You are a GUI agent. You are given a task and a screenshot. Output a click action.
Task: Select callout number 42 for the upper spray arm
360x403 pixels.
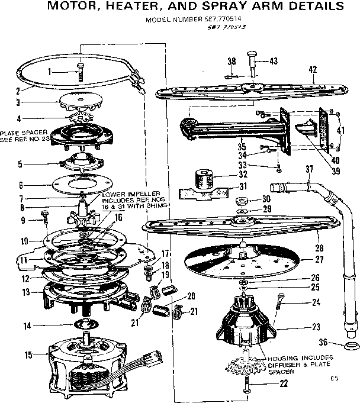coord(313,69)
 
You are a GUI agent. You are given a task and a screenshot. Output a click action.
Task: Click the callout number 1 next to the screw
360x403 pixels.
coord(51,72)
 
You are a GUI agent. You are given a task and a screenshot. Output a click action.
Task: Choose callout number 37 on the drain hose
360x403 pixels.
coord(308,170)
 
